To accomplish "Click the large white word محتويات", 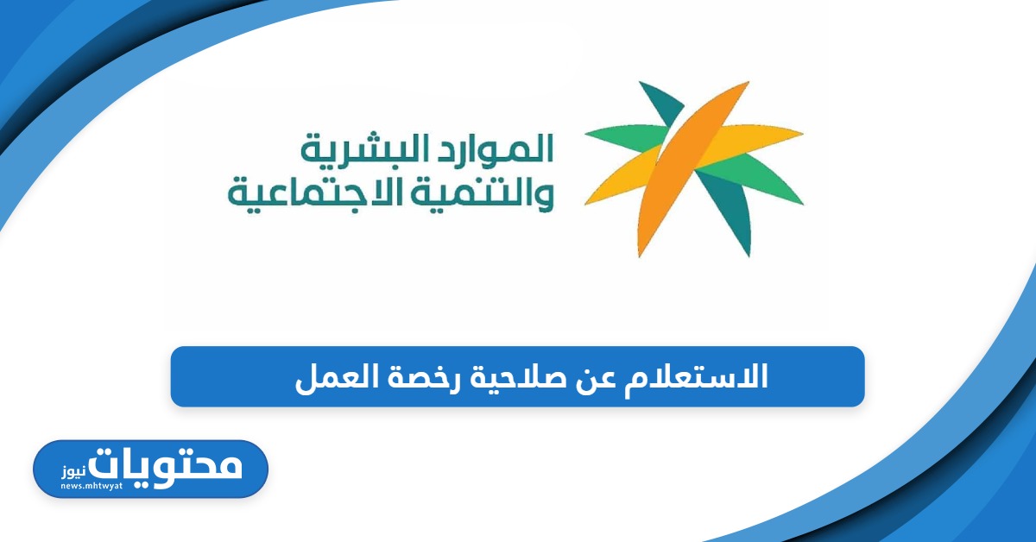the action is (x=165, y=468).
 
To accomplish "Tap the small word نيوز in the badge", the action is (x=74, y=472).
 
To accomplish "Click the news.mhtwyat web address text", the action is (x=92, y=486).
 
